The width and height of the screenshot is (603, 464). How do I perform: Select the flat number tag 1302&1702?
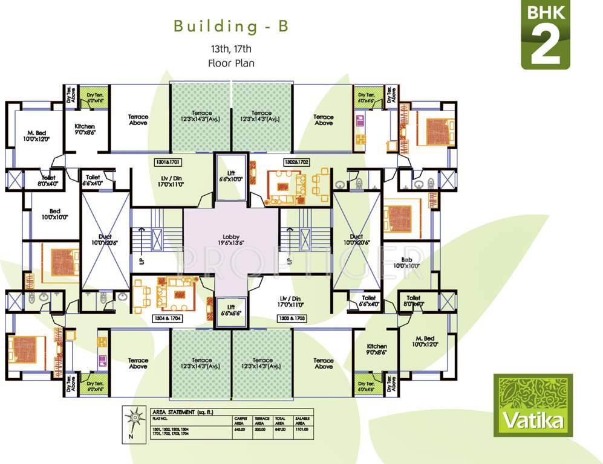296,163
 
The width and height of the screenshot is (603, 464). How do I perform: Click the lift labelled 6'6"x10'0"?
230,176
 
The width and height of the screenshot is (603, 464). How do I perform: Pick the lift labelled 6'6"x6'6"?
230,311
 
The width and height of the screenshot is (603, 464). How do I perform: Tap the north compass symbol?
132,422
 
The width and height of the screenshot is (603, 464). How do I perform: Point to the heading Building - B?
230,27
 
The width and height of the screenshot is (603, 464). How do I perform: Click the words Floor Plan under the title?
230,62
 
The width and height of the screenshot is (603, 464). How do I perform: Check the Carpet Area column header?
241,420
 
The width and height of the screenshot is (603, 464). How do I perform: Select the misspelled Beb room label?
406,261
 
